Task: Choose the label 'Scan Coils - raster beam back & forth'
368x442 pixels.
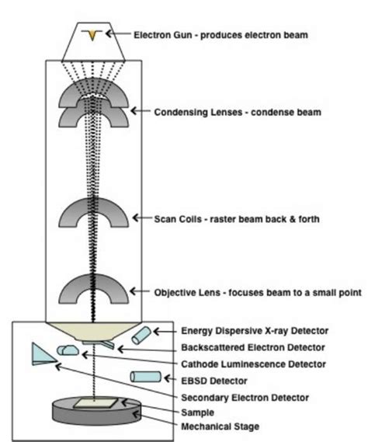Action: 237,218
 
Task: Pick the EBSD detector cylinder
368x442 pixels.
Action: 143,377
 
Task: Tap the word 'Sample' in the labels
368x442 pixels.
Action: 196,412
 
